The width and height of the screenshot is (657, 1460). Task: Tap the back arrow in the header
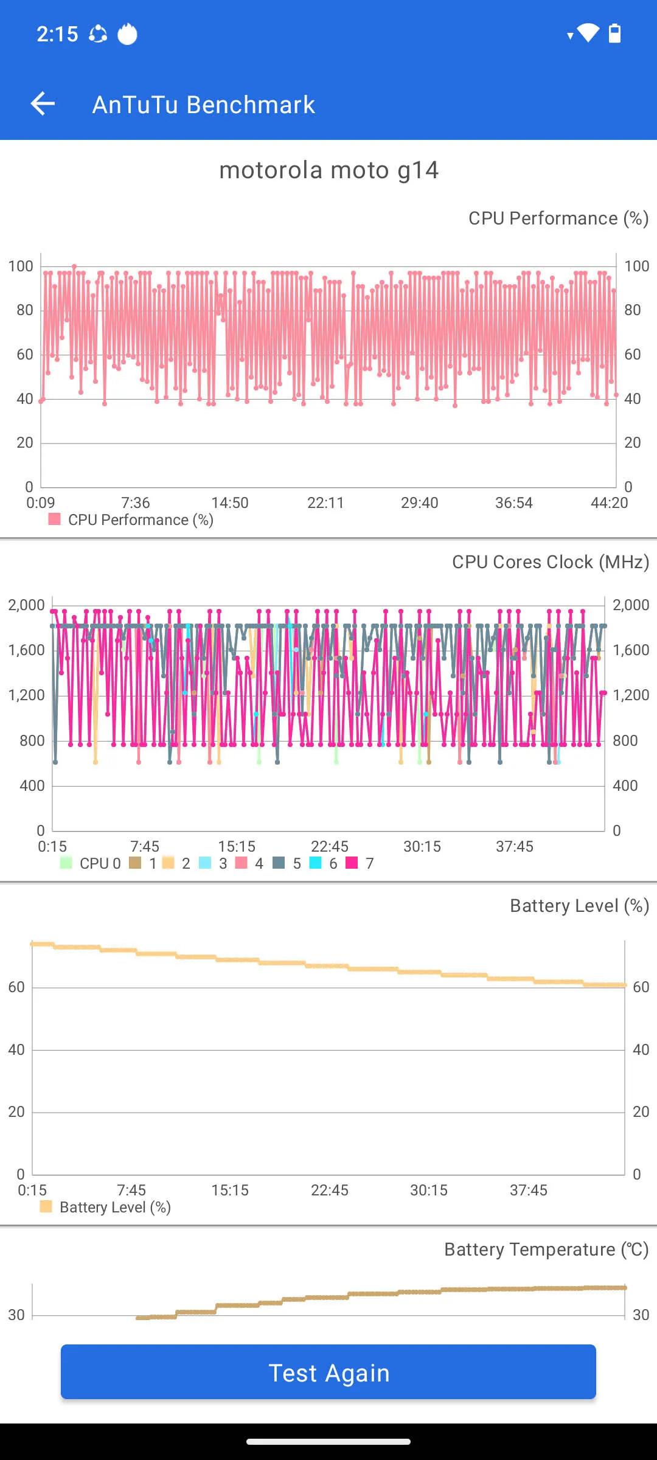[43, 104]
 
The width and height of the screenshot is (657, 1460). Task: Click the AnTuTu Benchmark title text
[203, 105]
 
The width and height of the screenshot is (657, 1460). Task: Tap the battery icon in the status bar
[615, 33]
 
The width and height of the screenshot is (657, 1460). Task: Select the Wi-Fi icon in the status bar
[588, 33]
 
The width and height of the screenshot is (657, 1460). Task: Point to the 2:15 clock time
[57, 34]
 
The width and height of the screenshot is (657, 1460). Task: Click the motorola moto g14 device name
[328, 170]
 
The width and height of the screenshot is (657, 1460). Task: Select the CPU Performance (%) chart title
[558, 218]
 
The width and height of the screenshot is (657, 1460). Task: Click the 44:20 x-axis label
[609, 503]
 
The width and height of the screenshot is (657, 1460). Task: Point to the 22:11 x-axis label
[325, 503]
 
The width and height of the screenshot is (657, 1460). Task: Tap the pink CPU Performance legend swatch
[55, 519]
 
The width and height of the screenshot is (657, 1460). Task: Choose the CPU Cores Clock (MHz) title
[550, 562]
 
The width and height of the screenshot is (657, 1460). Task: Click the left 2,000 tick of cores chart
[26, 605]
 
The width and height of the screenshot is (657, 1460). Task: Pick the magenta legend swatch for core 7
[352, 863]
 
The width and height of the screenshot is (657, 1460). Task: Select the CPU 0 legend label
[100, 864]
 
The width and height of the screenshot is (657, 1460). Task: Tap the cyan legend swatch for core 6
[315, 863]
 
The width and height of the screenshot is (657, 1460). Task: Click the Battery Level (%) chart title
[579, 906]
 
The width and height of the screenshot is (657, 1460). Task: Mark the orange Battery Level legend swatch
[46, 1206]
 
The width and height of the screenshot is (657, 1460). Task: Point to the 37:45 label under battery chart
[528, 1190]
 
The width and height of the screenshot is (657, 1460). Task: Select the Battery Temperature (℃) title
[546, 1250]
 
